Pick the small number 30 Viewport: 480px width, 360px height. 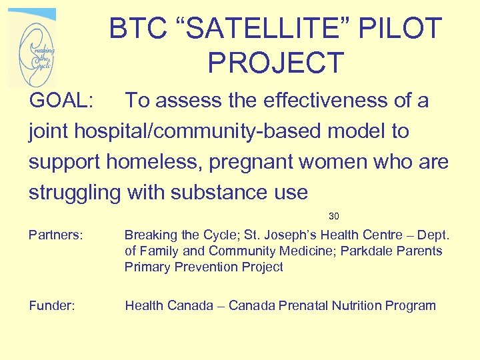[x=334, y=217]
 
